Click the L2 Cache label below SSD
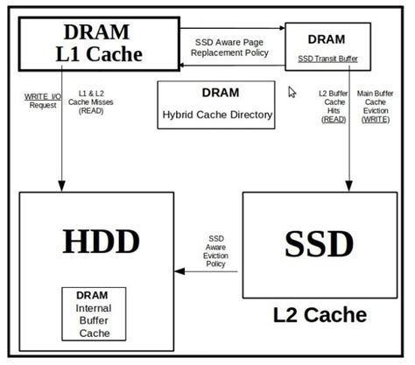coord(320,313)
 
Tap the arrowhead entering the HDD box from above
coord(62,186)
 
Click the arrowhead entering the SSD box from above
coord(348,186)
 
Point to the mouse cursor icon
coord(292,91)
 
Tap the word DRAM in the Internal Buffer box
coord(93,296)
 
